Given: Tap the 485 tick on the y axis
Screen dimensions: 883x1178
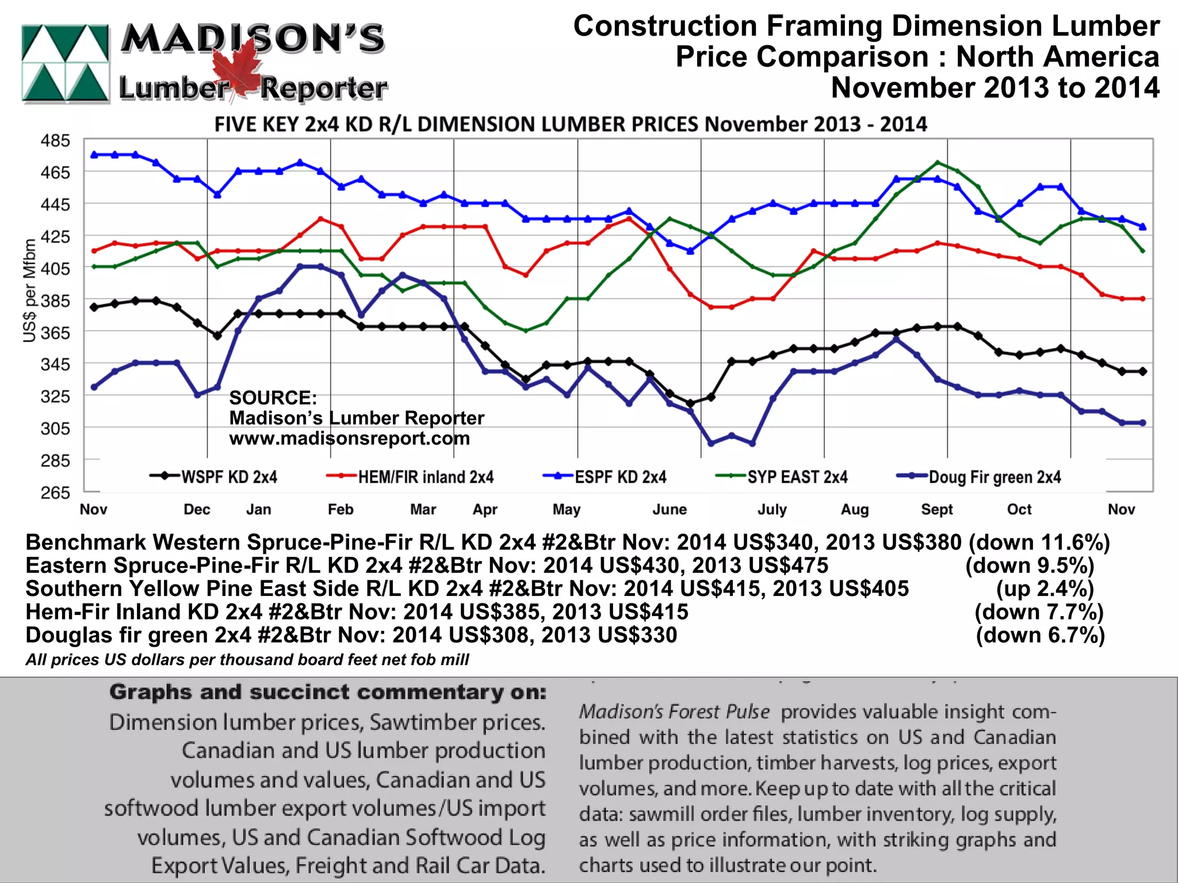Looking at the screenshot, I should [x=55, y=140].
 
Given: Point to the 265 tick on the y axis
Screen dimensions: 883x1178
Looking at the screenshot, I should [x=55, y=492].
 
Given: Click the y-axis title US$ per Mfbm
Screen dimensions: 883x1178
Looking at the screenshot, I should [x=29, y=290].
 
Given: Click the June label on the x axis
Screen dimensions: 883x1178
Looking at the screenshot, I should [x=670, y=510].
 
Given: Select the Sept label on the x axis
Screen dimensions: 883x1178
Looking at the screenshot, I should [x=937, y=510].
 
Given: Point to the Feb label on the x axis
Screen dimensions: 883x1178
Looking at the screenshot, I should [x=341, y=510].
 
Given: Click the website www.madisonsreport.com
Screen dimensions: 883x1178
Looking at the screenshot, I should [x=349, y=438].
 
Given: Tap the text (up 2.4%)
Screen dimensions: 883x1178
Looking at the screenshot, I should [x=1045, y=588].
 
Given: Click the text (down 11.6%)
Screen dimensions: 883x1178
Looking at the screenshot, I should [x=1039, y=542].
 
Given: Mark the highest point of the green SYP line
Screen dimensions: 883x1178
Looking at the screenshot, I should [x=938, y=162].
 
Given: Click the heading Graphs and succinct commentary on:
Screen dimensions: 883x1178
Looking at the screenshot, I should [x=328, y=692].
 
